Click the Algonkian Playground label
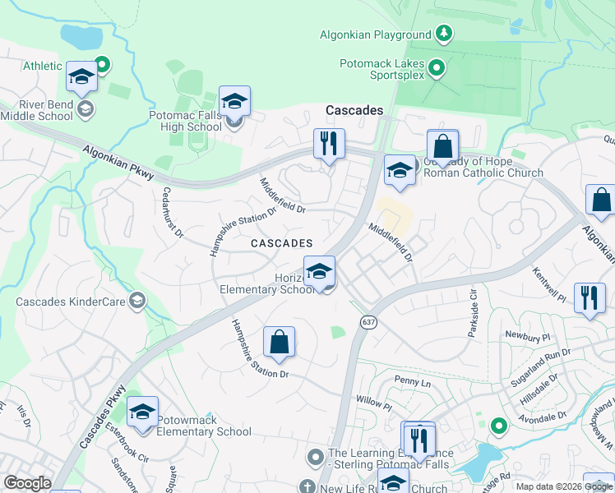[x=376, y=35]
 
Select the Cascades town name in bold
[x=354, y=110]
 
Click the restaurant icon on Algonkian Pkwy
[x=329, y=143]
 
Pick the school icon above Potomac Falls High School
[x=234, y=101]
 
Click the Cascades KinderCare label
[x=70, y=302]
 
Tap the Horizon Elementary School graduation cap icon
[x=319, y=270]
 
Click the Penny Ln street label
[x=412, y=382]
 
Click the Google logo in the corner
[x=27, y=483]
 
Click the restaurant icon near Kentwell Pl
[x=589, y=297]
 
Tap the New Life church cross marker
[x=307, y=486]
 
